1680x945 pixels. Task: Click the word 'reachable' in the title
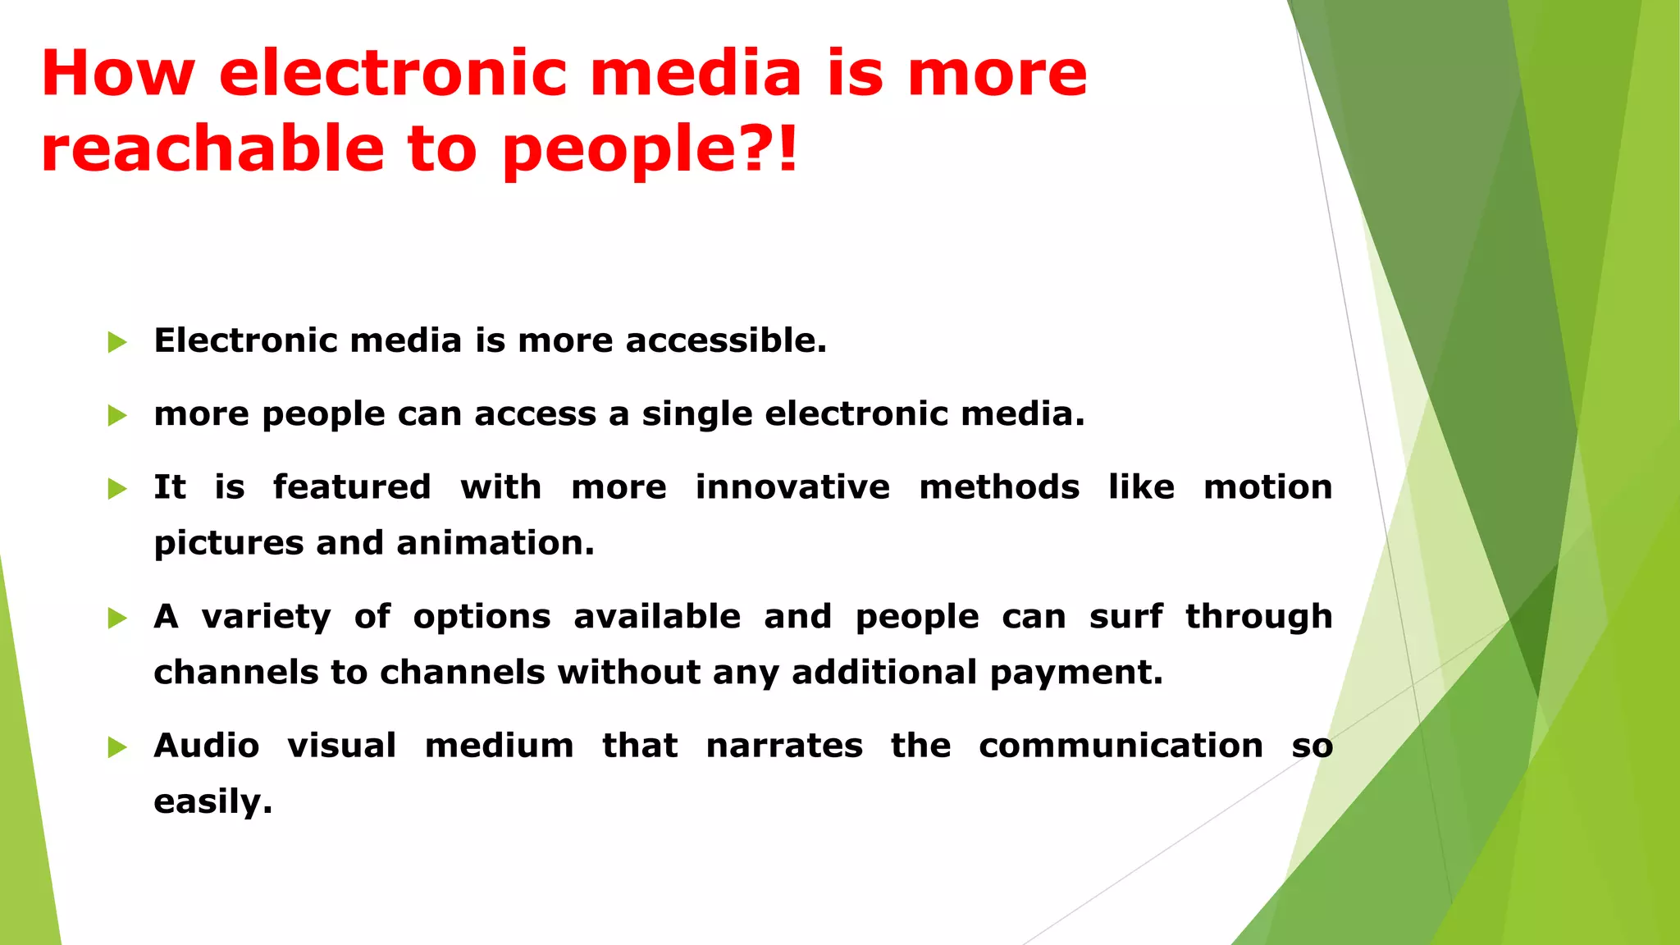212,149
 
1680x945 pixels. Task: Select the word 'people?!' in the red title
650,149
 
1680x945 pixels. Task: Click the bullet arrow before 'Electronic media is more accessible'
117,342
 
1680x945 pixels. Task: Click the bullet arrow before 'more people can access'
117,415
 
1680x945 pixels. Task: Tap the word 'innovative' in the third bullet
792,487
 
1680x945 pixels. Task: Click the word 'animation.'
495,543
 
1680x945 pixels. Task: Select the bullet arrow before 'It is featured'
117,489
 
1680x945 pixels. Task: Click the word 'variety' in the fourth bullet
267,617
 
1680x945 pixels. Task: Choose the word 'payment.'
1076,673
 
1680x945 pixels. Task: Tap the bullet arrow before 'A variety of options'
117,618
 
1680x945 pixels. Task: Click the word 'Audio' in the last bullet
207,746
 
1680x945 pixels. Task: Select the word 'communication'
1121,746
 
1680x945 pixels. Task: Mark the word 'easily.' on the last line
212,801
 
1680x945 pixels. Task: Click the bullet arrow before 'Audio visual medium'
117,747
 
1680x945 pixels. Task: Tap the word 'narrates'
784,746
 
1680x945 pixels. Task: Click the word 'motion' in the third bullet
1267,487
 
